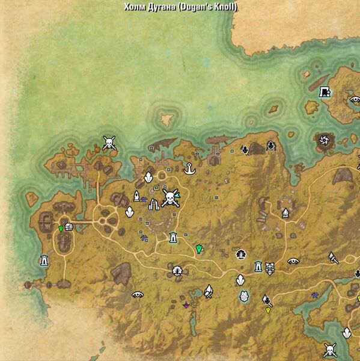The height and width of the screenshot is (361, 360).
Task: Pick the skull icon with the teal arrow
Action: tap(169, 198)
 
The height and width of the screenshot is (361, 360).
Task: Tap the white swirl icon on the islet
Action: tap(324, 141)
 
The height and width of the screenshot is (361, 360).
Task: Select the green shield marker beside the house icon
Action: tap(61, 229)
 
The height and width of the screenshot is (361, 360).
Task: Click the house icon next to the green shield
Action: tap(69, 227)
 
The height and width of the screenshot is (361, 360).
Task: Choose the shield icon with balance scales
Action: tap(270, 265)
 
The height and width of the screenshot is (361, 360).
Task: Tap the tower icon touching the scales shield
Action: tap(258, 265)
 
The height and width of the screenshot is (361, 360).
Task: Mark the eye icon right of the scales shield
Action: tap(293, 261)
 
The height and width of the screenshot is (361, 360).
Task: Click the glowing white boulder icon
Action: tap(244, 296)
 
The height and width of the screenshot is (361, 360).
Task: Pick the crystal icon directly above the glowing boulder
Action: tap(240, 280)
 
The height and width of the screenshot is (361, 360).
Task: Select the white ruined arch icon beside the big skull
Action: tap(153, 205)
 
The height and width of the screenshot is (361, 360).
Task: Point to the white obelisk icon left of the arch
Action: tap(137, 196)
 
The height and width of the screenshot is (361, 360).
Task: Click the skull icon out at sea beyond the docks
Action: tap(109, 143)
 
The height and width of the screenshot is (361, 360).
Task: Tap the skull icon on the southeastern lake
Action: tap(330, 348)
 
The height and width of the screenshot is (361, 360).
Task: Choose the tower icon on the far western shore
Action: tap(43, 261)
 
